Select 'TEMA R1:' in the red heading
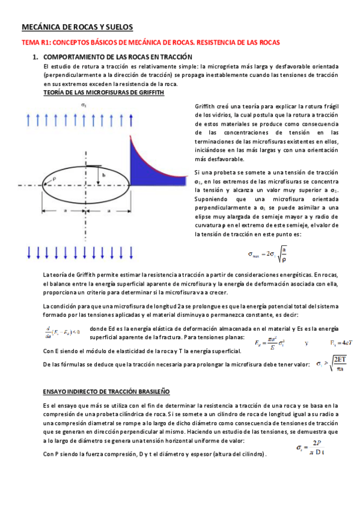(x=35, y=43)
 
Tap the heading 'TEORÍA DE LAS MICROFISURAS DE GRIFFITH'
(x=100, y=93)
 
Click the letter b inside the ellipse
(x=104, y=174)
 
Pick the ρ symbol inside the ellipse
(x=54, y=178)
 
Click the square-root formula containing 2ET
(x=328, y=363)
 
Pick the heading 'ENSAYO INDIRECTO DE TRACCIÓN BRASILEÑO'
(x=106, y=391)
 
